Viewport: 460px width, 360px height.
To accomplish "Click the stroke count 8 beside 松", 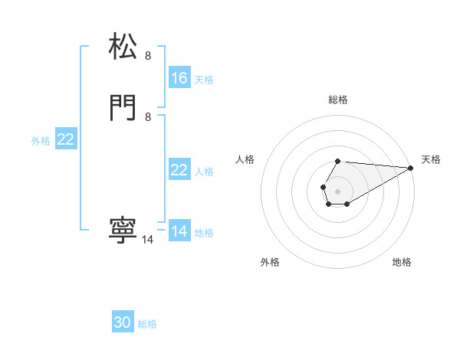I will (x=148, y=55).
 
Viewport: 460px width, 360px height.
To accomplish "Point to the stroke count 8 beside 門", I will (x=148, y=116).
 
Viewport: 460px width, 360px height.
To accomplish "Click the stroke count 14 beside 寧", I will (x=148, y=240).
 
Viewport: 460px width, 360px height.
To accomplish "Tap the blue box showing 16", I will (x=179, y=78).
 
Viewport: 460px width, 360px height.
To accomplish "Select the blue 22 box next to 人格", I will (x=179, y=170).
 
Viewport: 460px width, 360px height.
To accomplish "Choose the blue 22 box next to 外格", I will (x=66, y=139).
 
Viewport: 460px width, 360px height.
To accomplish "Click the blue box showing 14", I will (x=179, y=231).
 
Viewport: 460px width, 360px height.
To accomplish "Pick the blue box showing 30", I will (x=123, y=323).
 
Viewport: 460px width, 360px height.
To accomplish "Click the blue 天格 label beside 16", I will (x=204, y=79).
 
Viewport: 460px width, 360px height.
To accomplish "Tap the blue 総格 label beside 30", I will (x=147, y=324).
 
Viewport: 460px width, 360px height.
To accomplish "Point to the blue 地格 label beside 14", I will (x=204, y=232).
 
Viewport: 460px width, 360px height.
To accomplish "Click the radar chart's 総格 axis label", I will (x=337, y=100).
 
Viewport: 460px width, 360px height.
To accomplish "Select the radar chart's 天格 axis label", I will (x=431, y=159).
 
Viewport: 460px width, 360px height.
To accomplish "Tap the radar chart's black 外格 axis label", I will (x=270, y=262).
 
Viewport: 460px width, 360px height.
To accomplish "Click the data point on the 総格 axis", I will (x=337, y=162).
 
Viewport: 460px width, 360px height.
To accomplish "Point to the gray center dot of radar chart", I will (x=337, y=190).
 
